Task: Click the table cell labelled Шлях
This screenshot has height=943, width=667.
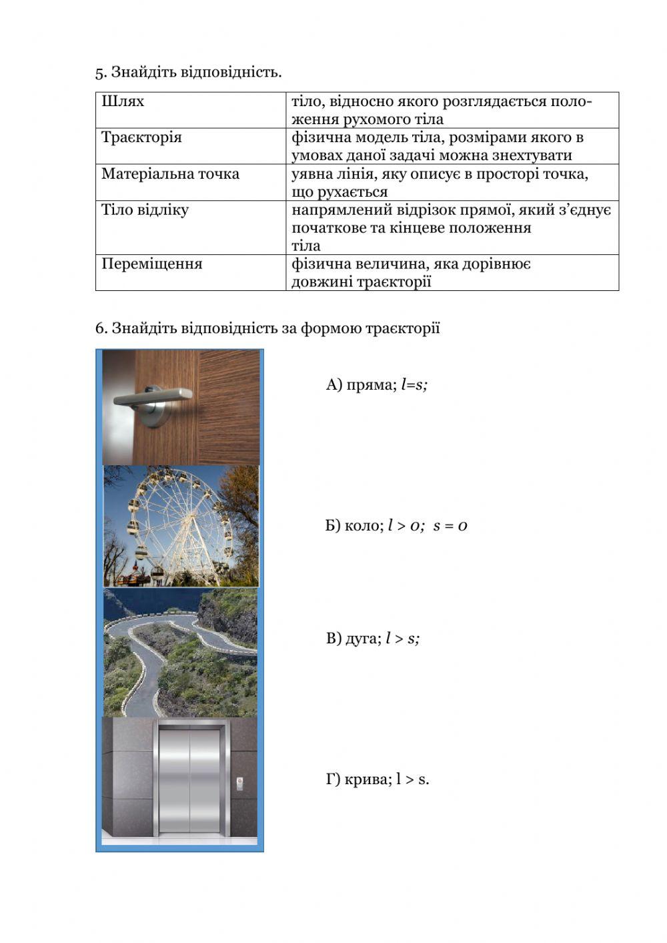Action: (190, 110)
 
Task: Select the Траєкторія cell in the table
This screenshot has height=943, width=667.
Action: (190, 146)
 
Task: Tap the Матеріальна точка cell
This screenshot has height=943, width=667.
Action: (190, 182)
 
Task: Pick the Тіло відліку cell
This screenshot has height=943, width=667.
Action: (190, 227)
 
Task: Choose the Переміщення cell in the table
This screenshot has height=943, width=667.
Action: (190, 272)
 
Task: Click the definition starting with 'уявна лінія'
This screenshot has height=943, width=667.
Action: (440, 183)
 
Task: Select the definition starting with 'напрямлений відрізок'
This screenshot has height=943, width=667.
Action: (451, 228)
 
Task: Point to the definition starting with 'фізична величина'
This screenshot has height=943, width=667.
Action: (411, 272)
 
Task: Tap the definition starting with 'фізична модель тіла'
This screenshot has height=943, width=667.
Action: (438, 146)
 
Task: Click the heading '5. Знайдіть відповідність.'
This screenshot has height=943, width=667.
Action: (189, 71)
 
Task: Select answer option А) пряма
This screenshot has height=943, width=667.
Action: (376, 384)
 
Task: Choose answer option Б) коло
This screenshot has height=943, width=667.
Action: (396, 525)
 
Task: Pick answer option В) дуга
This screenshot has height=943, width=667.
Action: (373, 639)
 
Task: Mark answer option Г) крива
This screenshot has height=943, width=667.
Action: (378, 779)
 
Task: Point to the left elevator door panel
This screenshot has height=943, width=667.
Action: (173, 781)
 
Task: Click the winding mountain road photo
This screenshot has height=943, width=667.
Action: (180, 652)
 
